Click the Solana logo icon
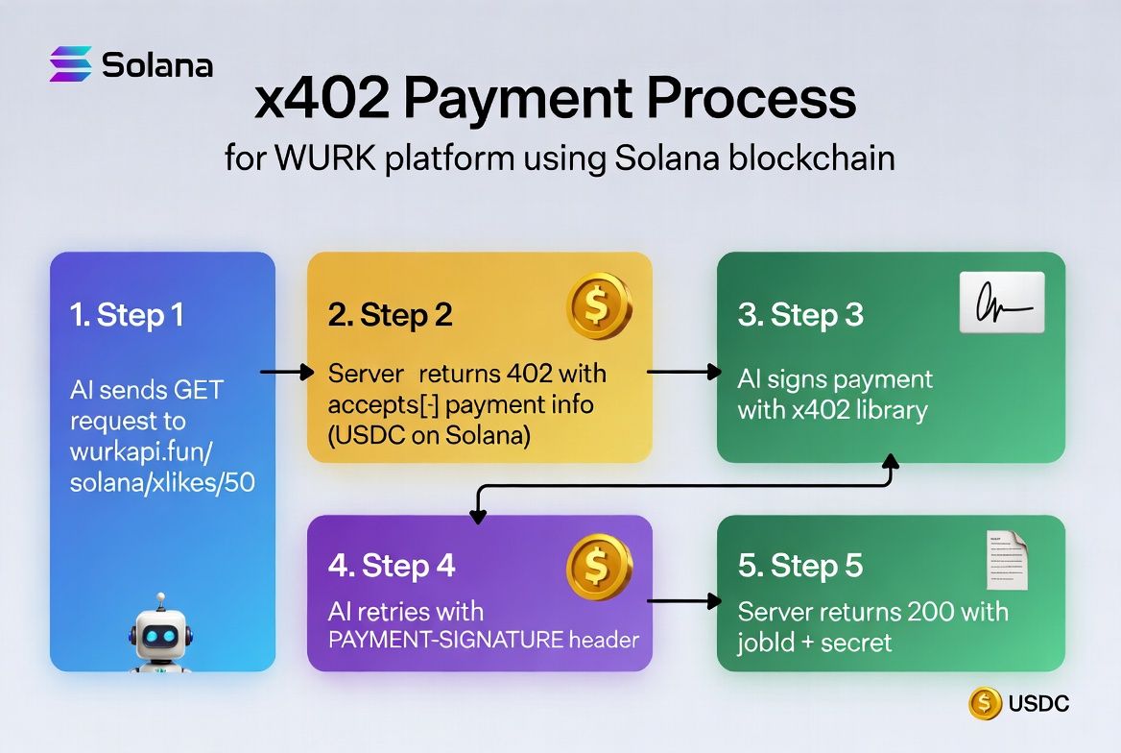pos(71,63)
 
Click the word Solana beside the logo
pos(157,64)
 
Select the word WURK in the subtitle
pos(326,158)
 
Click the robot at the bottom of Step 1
pos(160,634)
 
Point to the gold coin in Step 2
pos(599,305)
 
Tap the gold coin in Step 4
pos(599,567)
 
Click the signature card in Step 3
pos(1002,302)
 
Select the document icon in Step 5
pos(1007,561)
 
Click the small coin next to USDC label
pos(985,703)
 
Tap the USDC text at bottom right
pos(1038,704)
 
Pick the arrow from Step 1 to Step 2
pos(287,373)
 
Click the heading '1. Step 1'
pos(128,315)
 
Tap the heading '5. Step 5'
pos(800,566)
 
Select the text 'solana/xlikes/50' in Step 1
pos(162,482)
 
